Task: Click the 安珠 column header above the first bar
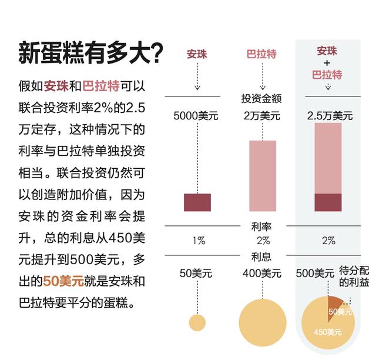tap(197, 55)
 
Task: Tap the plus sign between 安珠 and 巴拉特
tap(327, 63)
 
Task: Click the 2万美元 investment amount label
tap(263, 116)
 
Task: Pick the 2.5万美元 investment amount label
tap(330, 116)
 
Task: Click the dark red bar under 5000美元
tap(197, 202)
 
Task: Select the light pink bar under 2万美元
tap(263, 175)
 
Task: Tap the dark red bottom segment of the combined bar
tap(328, 202)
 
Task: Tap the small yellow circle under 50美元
tap(197, 322)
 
